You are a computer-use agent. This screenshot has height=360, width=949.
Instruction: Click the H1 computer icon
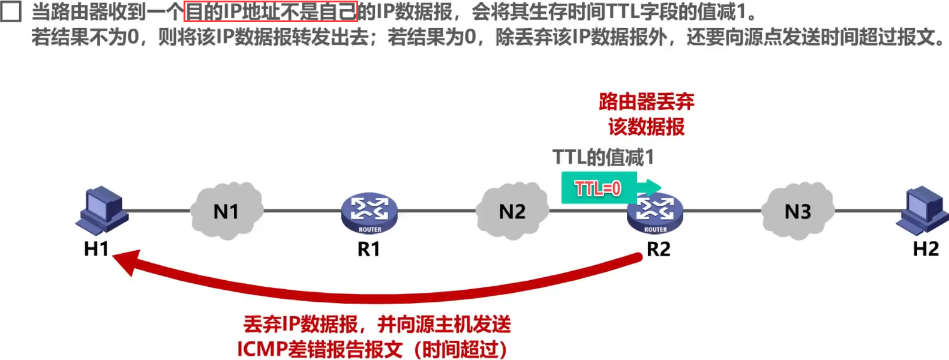point(102,209)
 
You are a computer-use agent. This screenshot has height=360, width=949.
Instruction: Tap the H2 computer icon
point(923,209)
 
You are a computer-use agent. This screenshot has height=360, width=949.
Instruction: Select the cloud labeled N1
point(226,211)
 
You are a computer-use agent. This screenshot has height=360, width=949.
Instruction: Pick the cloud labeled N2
point(512,211)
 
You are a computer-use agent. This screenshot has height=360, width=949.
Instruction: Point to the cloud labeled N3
point(798,211)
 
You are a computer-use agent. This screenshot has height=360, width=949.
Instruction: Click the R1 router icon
point(370,214)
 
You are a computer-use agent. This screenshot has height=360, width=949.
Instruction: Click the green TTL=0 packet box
point(598,188)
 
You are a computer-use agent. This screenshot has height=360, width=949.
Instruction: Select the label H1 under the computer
point(96,248)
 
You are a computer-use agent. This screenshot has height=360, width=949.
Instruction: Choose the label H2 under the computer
point(926,248)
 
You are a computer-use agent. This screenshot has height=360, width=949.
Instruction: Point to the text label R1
point(369,248)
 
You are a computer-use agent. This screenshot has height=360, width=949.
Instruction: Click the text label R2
point(658,248)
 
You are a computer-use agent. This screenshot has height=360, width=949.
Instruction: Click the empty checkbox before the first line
point(11,11)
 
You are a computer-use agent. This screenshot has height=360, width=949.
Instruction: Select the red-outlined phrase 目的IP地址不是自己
point(271,11)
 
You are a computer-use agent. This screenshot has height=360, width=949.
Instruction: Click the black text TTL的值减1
point(603,157)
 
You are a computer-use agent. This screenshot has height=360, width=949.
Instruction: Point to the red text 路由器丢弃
point(647,101)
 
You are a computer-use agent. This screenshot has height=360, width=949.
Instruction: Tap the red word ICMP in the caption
point(262,349)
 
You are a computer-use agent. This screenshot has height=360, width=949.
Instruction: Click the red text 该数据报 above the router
point(647,127)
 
